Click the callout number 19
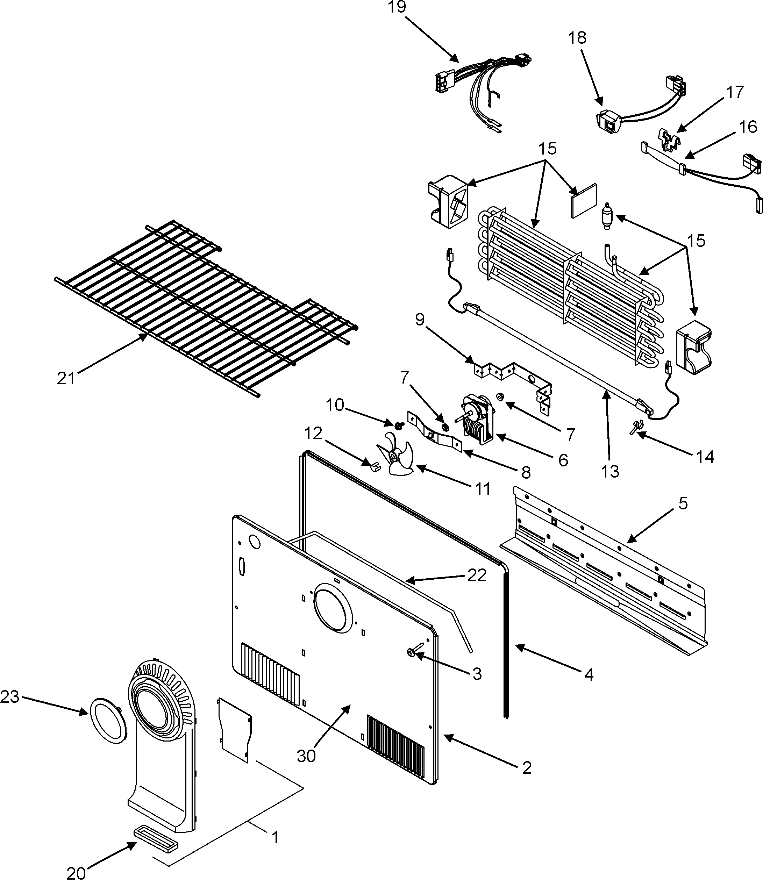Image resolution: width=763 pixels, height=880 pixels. (397, 7)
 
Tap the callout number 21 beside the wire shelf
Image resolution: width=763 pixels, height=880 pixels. (66, 378)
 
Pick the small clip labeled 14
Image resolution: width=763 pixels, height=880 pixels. (636, 426)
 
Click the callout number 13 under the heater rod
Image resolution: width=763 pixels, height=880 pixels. (610, 471)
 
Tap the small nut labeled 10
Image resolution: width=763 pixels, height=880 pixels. (399, 424)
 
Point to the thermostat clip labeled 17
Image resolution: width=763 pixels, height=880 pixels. (669, 139)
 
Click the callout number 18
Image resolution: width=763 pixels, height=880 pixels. (577, 38)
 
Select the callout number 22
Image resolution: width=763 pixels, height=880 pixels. (477, 575)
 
